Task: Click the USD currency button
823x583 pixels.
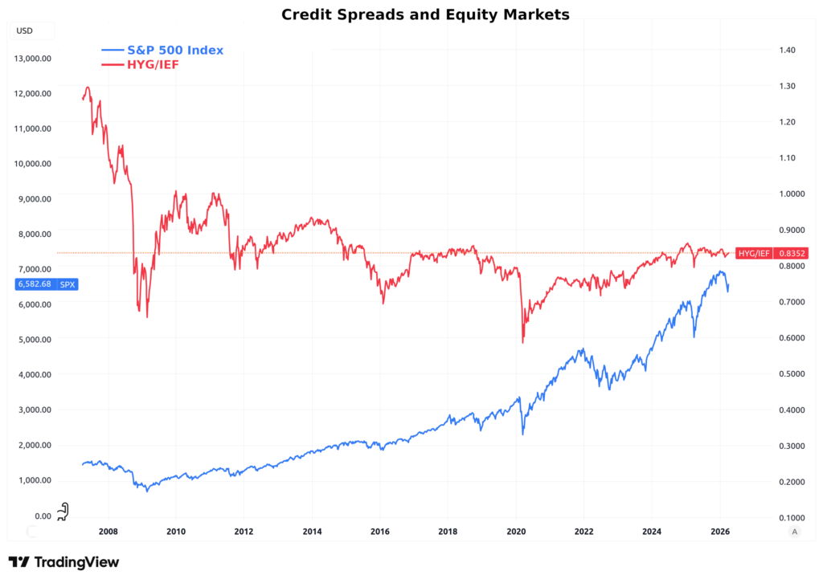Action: [25, 31]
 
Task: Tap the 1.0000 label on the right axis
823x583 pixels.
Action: [788, 194]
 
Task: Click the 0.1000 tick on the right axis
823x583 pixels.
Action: [788, 517]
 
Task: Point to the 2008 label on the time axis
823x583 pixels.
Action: [108, 531]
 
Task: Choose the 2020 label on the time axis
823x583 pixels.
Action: [516, 531]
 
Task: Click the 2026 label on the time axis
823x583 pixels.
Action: [720, 531]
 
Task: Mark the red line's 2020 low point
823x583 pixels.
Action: [522, 343]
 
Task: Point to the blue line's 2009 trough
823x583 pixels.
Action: [147, 491]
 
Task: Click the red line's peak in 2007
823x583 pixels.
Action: [88, 88]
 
